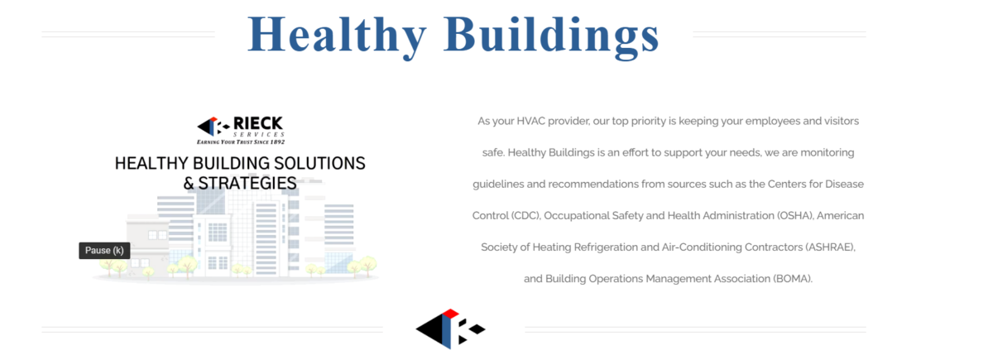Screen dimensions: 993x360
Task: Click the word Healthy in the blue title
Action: point(337,36)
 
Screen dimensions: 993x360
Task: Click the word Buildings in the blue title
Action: point(551,36)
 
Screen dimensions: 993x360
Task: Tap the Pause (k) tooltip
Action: point(104,251)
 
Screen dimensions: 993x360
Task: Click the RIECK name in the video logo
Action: point(258,123)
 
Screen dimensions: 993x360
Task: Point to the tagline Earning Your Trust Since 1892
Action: point(241,142)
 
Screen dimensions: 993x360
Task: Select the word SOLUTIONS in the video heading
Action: point(319,163)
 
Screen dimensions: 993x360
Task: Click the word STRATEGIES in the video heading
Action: point(247,183)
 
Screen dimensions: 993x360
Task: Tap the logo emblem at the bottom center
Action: point(450,329)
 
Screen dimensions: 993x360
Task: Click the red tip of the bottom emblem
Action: point(450,314)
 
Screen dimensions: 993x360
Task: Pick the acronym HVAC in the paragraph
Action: point(530,121)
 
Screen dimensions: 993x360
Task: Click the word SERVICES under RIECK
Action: point(259,134)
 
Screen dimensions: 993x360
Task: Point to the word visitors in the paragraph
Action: point(842,121)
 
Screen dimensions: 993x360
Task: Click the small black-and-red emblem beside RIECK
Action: point(213,127)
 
